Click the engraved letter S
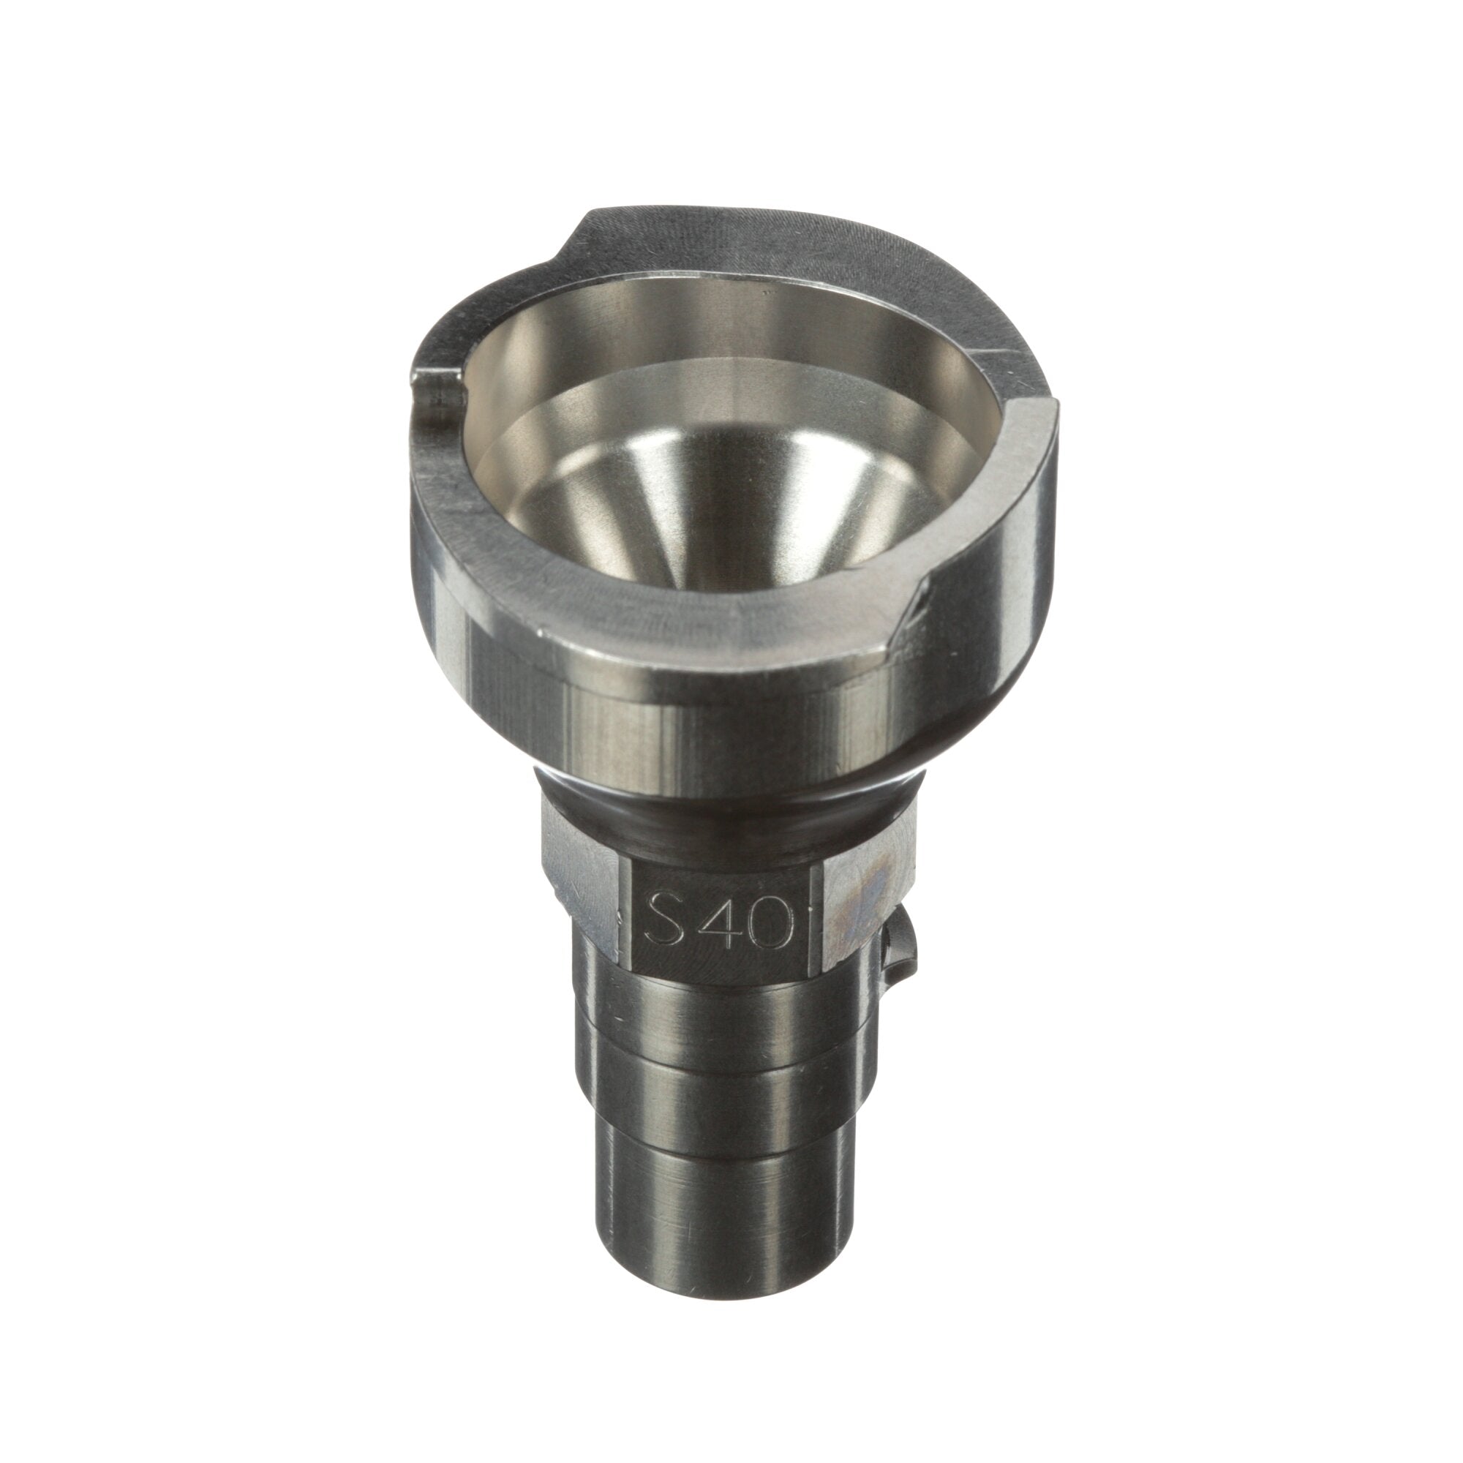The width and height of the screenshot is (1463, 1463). (659, 920)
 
